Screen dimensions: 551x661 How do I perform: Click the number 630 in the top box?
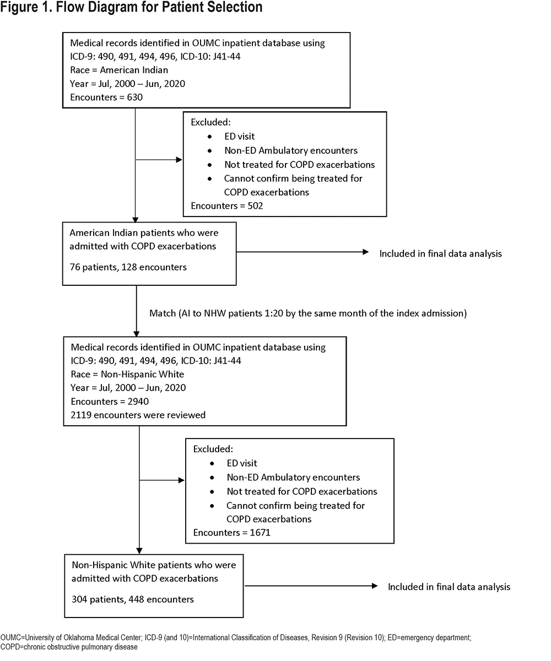pos(135,97)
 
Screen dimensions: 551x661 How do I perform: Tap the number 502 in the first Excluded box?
pos(255,206)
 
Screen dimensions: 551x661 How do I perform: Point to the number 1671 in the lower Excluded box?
pos(260,533)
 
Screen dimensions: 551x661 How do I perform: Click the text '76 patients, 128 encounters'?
pos(128,267)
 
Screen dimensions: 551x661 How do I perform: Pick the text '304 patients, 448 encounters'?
pos(133,599)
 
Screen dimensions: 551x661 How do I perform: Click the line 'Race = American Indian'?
pos(119,70)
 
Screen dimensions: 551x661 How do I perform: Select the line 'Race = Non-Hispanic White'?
pos(127,374)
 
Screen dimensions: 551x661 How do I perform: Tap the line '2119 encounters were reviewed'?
pos(138,415)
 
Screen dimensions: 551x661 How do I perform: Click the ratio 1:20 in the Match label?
pos(274,313)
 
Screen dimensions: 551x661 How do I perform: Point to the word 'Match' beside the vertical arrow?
pos(163,313)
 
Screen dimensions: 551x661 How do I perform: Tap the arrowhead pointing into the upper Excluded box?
pos(179,160)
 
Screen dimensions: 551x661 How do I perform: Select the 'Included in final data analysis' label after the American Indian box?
pos(441,253)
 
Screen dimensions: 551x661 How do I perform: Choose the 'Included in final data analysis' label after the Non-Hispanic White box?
pos(449,587)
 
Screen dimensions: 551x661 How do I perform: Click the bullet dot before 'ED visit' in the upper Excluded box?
pos(209,137)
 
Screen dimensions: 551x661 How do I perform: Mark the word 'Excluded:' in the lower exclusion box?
pos(213,449)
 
